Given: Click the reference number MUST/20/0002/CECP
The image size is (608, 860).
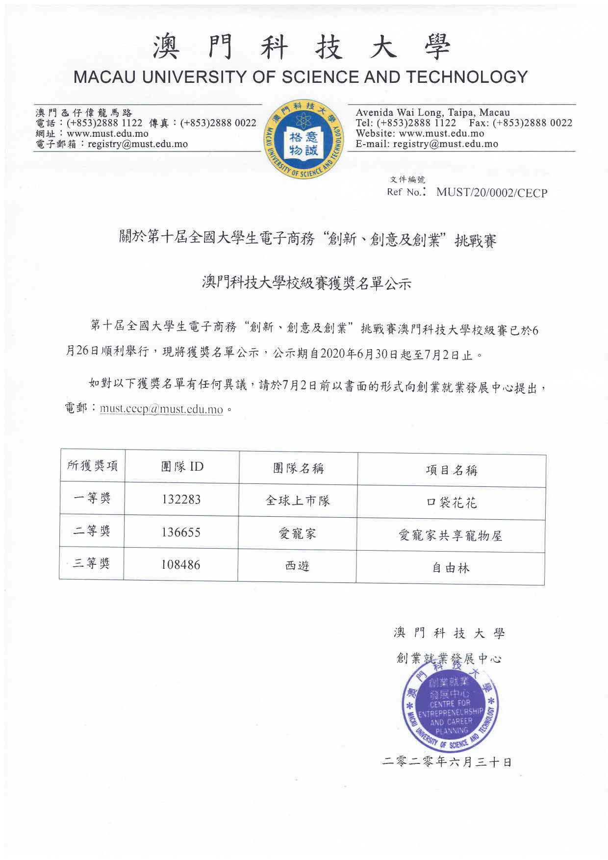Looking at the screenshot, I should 491,193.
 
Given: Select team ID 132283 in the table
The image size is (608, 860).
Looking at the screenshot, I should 181,500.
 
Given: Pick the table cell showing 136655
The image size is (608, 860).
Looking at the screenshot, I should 181,532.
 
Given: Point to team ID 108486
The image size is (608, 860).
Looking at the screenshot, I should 181,565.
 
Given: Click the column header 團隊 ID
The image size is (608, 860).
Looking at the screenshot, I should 182,466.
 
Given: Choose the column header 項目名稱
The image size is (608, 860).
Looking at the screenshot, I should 451,471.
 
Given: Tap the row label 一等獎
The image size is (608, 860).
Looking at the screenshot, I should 92,498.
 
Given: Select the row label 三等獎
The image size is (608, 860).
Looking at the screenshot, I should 91,563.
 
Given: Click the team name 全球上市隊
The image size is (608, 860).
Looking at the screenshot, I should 298,501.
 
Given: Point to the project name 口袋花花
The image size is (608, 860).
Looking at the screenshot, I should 451,503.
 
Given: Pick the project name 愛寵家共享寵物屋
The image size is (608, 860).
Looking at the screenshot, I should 451,535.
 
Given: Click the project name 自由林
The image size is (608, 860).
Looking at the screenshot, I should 451,568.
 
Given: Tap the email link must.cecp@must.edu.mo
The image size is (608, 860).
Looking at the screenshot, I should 161,409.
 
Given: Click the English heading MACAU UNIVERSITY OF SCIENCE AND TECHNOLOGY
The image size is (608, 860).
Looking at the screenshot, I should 301,77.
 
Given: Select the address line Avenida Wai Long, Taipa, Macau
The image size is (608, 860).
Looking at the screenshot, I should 432,113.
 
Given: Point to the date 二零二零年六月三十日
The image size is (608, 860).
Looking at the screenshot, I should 447,762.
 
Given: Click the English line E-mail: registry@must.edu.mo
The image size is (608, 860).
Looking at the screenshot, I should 427,144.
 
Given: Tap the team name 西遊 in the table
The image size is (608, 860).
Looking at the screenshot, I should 297,566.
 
